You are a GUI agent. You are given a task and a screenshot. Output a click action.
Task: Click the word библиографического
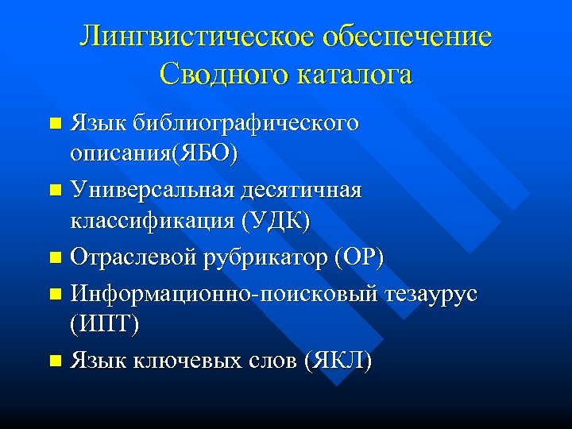[245, 125]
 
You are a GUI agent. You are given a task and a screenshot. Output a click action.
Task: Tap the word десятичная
[306, 191]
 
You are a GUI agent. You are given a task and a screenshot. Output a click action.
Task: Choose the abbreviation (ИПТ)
[106, 324]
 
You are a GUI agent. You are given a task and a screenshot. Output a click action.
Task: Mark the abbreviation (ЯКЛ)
[337, 361]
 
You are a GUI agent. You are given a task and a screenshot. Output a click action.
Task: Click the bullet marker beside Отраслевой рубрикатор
[54, 258]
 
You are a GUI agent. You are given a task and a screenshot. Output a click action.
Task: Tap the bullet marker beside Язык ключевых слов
[54, 361]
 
